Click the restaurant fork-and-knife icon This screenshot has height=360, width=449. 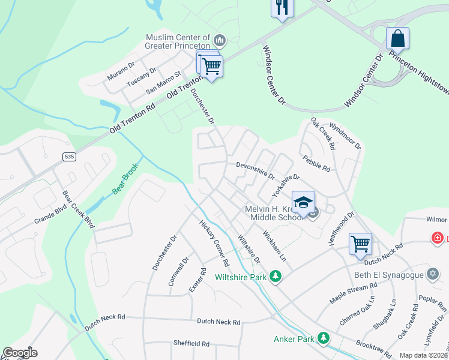point(280,8)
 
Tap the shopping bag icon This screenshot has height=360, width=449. point(397,39)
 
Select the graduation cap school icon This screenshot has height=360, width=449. point(304,202)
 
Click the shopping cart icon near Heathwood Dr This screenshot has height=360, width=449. point(360,244)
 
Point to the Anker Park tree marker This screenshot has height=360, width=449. point(324,338)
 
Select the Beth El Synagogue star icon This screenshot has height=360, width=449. point(432,274)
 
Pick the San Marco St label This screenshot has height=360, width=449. point(163,84)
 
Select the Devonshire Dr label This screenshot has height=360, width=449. point(255,170)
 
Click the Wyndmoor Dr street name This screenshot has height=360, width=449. point(345,137)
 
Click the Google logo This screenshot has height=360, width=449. point(20,353)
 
